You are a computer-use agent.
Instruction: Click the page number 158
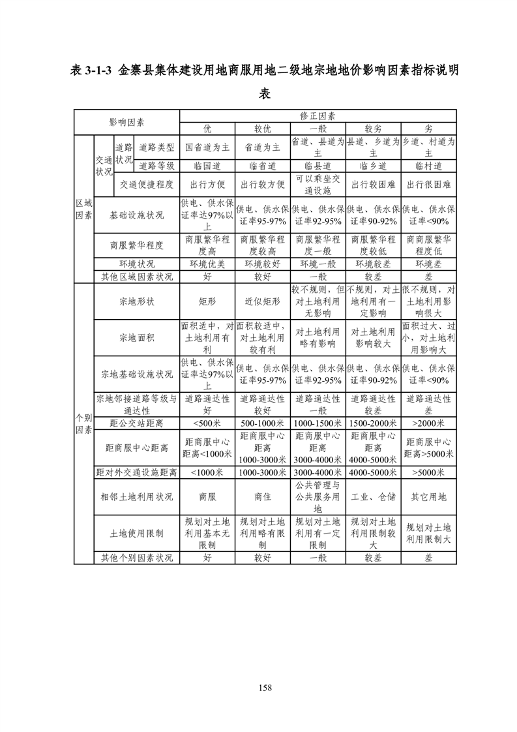click(264, 687)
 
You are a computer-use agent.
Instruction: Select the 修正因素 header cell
click(318, 115)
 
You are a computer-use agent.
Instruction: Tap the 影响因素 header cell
click(126, 122)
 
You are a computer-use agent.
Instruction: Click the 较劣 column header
click(373, 129)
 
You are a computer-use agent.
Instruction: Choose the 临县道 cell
click(318, 166)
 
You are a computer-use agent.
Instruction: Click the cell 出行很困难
click(428, 185)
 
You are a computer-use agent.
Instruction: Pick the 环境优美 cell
click(207, 264)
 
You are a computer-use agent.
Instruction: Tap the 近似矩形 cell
click(262, 301)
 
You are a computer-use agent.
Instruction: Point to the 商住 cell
click(262, 496)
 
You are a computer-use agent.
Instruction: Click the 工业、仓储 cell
click(373, 496)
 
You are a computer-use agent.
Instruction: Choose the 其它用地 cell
click(428, 496)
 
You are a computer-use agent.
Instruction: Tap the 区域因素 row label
click(83, 208)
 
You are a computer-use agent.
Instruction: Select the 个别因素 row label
click(83, 423)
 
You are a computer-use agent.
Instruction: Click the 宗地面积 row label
click(137, 337)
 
